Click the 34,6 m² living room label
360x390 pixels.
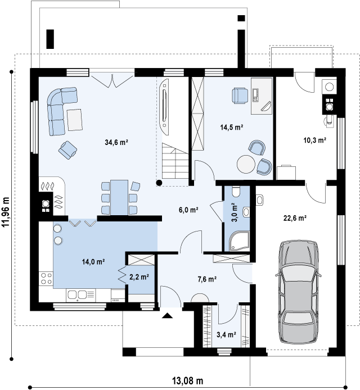[116, 143]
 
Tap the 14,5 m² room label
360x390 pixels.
[232, 128]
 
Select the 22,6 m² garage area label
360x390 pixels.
[295, 218]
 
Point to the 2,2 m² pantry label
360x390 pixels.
[139, 277]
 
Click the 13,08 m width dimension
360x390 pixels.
[188, 380]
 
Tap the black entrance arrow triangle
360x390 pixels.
[167, 316]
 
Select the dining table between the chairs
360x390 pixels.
[119, 198]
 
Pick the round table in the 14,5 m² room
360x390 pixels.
[246, 164]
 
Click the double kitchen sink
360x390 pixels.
[78, 294]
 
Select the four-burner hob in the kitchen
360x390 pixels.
[46, 278]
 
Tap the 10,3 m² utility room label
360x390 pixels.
[314, 140]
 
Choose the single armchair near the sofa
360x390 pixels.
[67, 150]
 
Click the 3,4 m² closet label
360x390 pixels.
[226, 335]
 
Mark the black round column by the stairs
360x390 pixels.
[159, 183]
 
